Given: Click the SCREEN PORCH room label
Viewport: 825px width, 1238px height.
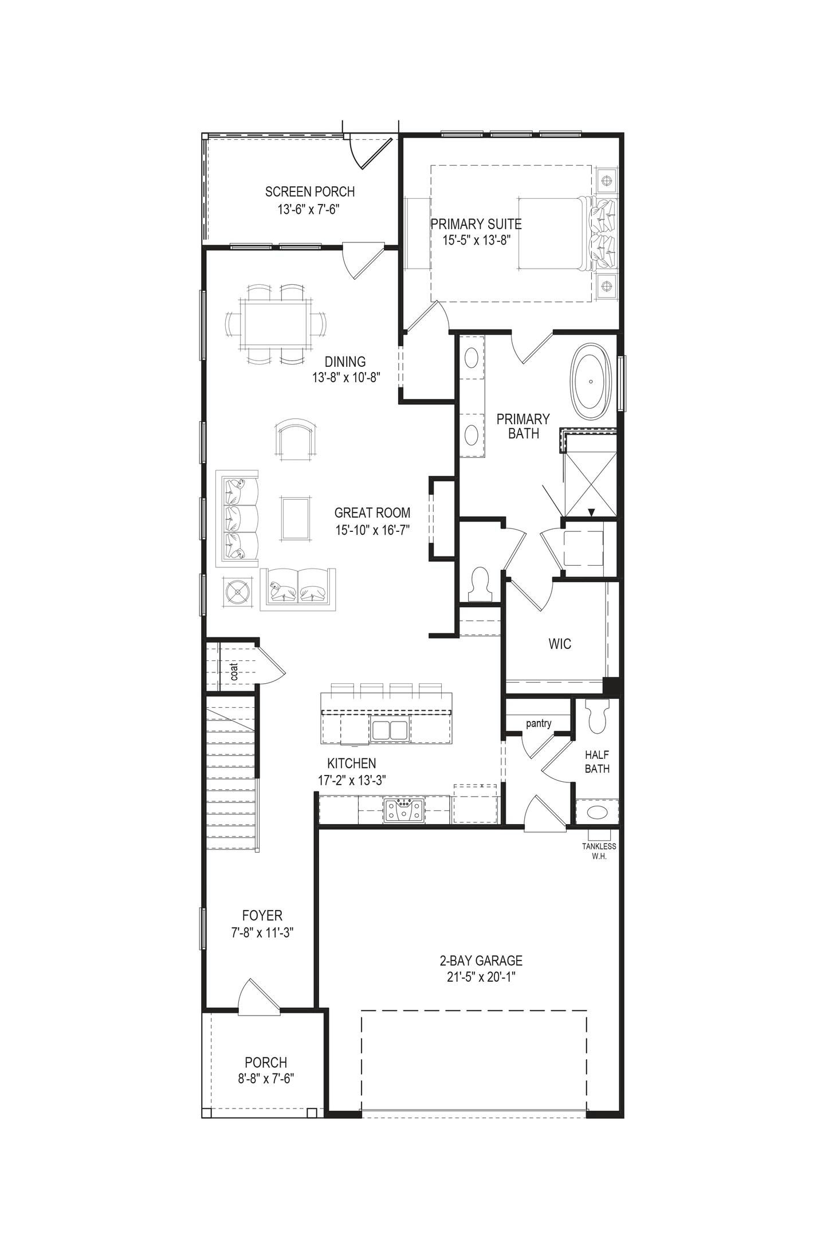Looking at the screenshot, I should [309, 191].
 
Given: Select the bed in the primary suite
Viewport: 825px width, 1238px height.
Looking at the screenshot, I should [567, 234].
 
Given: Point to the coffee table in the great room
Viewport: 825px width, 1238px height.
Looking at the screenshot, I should [296, 518].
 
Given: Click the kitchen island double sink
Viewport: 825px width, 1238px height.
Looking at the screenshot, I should [390, 731].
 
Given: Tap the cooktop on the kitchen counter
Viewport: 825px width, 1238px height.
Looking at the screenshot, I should [404, 810].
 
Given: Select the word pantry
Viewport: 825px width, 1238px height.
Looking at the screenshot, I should [539, 723].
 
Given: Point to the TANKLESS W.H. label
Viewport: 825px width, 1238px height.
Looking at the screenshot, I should [599, 851].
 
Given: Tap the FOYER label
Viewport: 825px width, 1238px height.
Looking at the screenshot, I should [262, 916].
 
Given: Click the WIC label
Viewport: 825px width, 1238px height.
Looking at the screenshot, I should [560, 644].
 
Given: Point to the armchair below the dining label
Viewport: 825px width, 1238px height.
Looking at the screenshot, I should [295, 437].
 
